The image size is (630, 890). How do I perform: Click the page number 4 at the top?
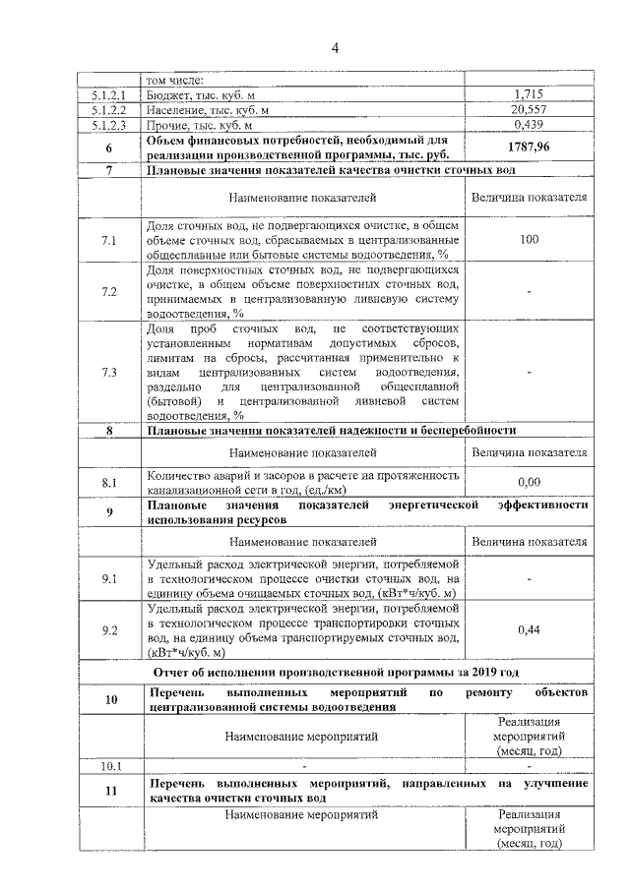(335, 48)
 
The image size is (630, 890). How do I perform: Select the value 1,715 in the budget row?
(529, 95)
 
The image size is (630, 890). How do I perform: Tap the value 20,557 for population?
(529, 110)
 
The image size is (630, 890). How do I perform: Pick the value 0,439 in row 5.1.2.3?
(529, 125)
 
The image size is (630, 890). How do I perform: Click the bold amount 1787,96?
(529, 147)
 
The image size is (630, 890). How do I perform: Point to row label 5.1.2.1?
(109, 95)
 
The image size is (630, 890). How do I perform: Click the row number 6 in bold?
(109, 148)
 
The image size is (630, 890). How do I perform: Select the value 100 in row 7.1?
(529, 240)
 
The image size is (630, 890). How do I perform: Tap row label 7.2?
(109, 291)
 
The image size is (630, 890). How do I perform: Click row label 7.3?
(109, 373)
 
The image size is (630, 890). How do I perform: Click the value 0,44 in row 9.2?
(529, 630)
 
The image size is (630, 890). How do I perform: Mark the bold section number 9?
(109, 512)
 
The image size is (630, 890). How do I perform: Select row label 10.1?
(109, 766)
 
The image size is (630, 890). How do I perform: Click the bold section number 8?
(109, 431)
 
